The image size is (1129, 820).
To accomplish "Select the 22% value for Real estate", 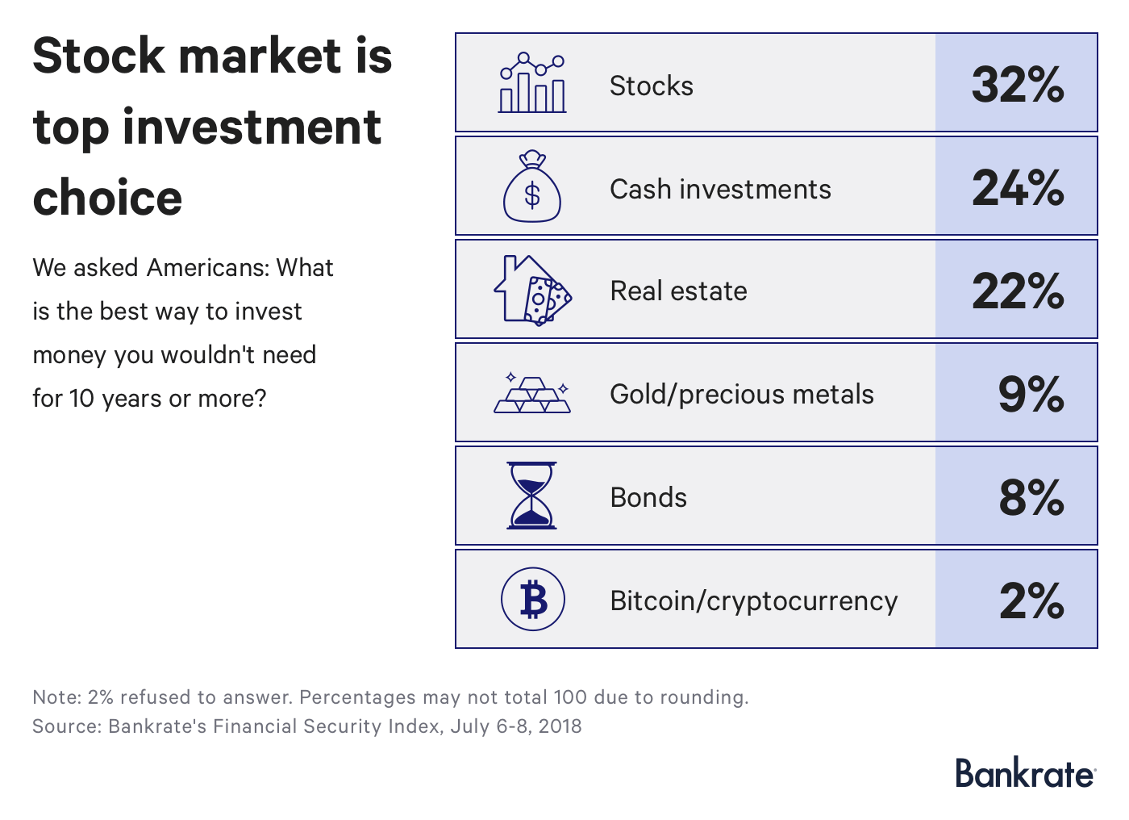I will click(x=1018, y=291).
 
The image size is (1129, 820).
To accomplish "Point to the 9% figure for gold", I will click(x=1031, y=394).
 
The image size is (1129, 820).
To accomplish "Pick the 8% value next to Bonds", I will click(x=1031, y=497).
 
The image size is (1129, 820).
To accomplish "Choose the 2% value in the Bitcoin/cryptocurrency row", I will click(x=1031, y=600).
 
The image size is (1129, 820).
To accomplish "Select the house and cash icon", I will click(x=532, y=290).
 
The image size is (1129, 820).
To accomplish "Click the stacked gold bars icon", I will click(x=532, y=395).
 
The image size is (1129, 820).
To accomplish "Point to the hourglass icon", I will click(x=531, y=496).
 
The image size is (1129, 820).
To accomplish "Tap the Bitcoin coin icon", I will click(x=533, y=600).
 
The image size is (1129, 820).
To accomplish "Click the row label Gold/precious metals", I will click(x=741, y=394).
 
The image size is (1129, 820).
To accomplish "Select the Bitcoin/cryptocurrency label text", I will click(x=753, y=600).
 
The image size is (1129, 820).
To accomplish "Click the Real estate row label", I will click(x=678, y=291).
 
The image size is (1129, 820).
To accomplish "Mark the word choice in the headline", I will click(x=107, y=198).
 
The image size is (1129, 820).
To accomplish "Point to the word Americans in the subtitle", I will click(x=206, y=267).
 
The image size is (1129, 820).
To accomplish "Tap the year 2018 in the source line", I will click(x=560, y=726).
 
